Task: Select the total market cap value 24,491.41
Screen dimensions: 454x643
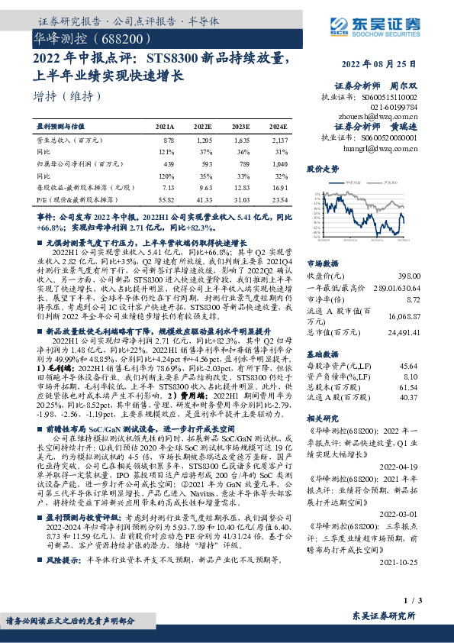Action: pos(403,332)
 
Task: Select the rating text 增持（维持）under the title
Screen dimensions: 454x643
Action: pos(68,97)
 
